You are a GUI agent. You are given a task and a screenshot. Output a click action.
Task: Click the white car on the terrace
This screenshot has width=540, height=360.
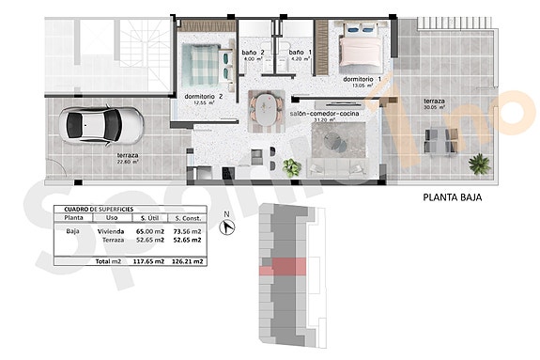tap(100, 123)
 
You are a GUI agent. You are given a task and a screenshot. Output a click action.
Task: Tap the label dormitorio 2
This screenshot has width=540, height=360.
tap(204, 97)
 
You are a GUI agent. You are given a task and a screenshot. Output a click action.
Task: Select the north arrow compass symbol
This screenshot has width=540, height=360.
tap(227, 225)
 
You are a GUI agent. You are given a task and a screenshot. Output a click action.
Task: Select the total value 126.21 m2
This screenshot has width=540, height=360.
tap(189, 261)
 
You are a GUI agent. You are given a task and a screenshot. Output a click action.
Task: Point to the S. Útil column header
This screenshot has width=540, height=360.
tap(148, 217)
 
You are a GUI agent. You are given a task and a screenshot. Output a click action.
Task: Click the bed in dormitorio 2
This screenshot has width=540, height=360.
tap(204, 63)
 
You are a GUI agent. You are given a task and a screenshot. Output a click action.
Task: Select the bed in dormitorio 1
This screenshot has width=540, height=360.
tap(361, 48)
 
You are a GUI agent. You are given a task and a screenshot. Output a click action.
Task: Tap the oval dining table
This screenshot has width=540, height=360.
tap(267, 109)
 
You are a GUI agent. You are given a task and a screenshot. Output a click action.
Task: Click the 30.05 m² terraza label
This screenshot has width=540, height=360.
tap(435, 103)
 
